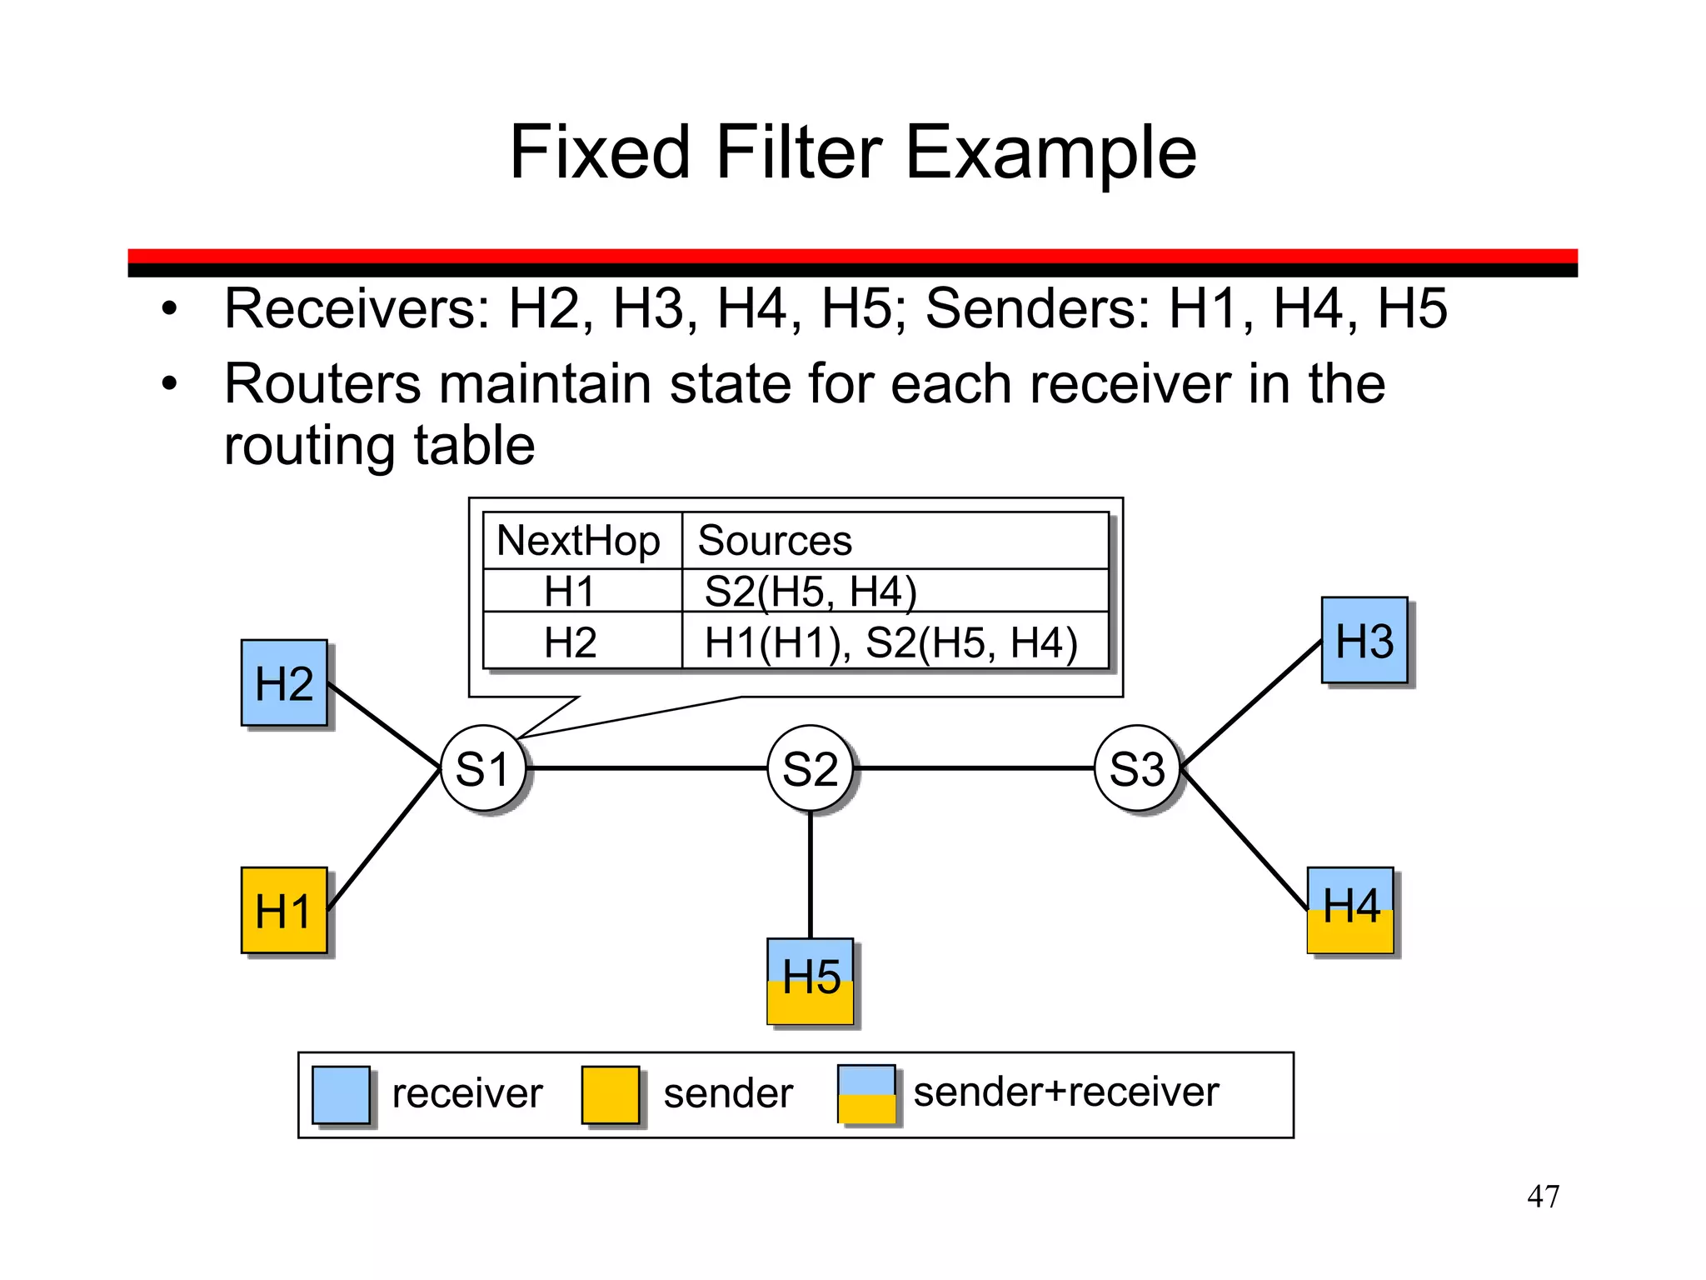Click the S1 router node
483,767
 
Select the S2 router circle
810,767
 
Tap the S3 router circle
1137,767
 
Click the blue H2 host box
284,682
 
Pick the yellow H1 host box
284,910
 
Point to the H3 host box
1364,640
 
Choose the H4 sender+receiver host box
1350,909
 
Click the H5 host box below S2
811,981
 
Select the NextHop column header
579,541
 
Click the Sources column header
775,541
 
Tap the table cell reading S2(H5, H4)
811,592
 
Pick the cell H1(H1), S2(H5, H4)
890,642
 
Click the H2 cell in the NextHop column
571,642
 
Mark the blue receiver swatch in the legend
341,1094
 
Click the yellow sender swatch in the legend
611,1094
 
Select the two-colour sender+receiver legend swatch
867,1094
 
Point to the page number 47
1543,1196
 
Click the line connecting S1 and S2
647,767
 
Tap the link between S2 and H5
811,875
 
